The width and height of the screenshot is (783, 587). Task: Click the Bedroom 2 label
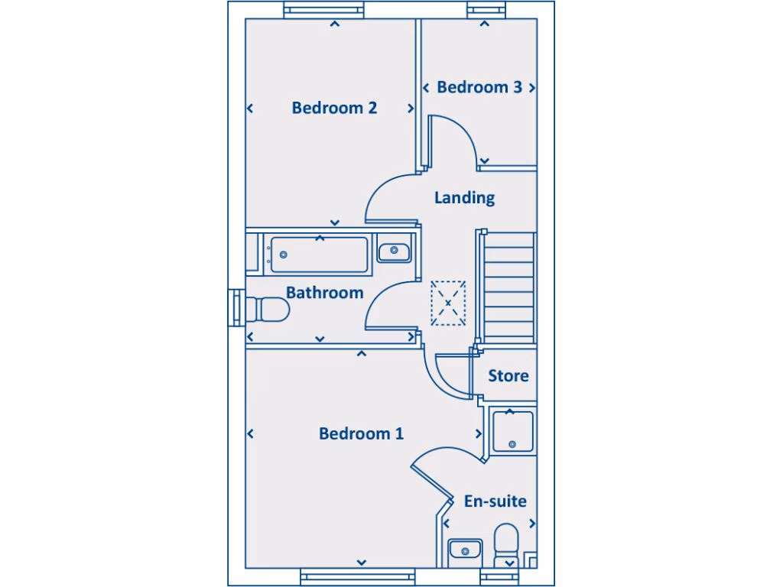[334, 108]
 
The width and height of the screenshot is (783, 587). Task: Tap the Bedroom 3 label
[479, 87]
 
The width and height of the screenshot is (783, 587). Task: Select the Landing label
[464, 198]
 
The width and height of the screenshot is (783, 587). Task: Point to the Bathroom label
[324, 293]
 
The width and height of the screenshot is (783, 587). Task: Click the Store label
[508, 376]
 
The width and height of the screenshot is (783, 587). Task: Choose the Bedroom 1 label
[361, 434]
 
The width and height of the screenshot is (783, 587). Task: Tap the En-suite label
[495, 501]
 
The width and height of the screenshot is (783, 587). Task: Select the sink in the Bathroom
[395, 250]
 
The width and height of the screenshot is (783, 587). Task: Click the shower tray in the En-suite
[512, 431]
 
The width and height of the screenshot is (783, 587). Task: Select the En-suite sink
[464, 550]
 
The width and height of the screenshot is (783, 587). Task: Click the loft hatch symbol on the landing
[448, 303]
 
